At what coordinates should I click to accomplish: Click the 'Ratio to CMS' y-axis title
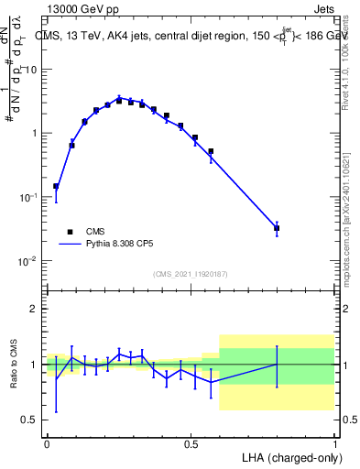14,364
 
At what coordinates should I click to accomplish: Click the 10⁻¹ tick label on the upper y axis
29,197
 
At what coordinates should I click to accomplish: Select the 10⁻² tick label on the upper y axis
29,261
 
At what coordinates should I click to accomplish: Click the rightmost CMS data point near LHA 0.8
277,228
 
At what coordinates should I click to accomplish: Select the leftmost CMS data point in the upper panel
56,186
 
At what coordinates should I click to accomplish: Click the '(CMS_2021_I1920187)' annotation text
190,274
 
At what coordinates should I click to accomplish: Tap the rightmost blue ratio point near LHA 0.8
277,365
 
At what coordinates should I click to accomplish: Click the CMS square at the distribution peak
119,101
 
